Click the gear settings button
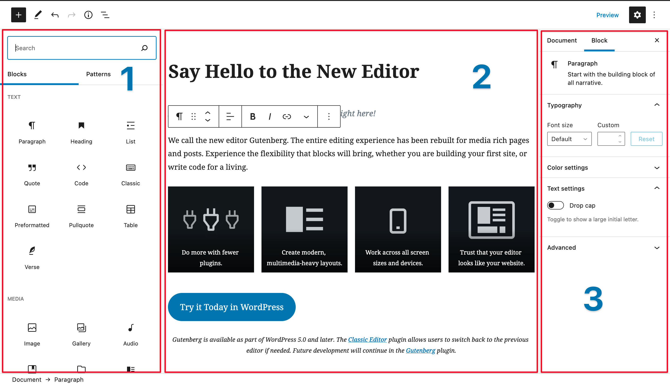pyautogui.click(x=637, y=15)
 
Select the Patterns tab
pyautogui.click(x=98, y=74)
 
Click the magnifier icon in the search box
pyautogui.click(x=144, y=48)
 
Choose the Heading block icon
pyautogui.click(x=81, y=126)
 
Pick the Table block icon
pyautogui.click(x=131, y=209)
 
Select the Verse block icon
pyautogui.click(x=32, y=251)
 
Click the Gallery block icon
pyautogui.click(x=81, y=328)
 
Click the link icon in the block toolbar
pyautogui.click(x=287, y=117)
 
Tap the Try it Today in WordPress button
pyautogui.click(x=232, y=307)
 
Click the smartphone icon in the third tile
pyautogui.click(x=398, y=221)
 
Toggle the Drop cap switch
pyautogui.click(x=555, y=206)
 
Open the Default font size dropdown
pyautogui.click(x=569, y=139)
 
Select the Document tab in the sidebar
pyautogui.click(x=562, y=40)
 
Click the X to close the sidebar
pyautogui.click(x=657, y=40)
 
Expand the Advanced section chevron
pyautogui.click(x=657, y=248)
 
